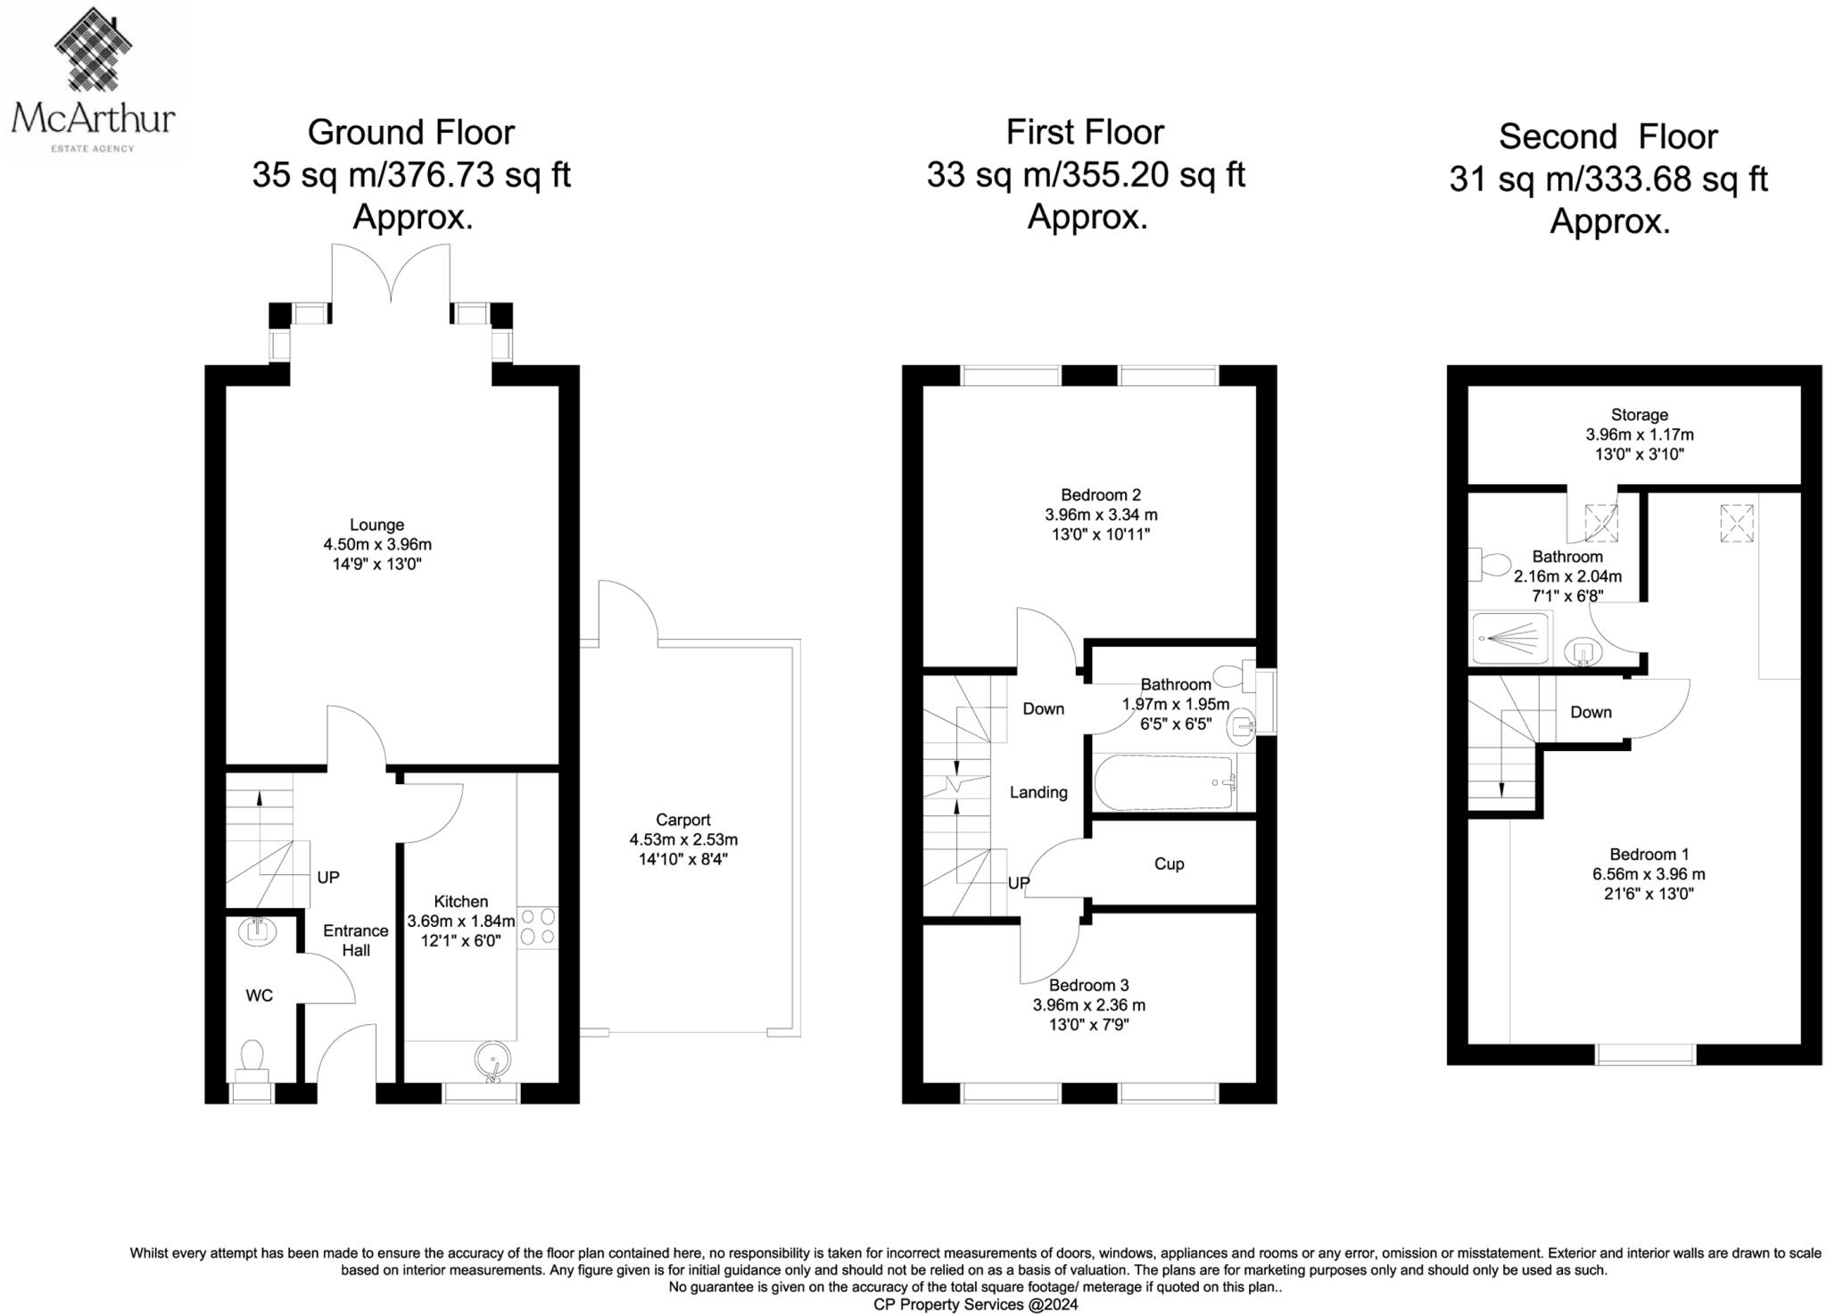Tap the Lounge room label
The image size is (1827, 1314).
[376, 525]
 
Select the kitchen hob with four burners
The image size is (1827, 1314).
[537, 927]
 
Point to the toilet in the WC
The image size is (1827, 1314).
[252, 1059]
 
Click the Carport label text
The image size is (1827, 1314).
[682, 820]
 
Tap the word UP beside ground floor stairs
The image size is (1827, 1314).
[328, 878]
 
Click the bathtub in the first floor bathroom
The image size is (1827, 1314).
[1164, 783]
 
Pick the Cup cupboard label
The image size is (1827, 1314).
[1169, 864]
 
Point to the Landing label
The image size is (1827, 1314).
[1038, 792]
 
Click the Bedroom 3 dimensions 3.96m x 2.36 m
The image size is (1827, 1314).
[1088, 1005]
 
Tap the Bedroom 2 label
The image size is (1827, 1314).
[1101, 495]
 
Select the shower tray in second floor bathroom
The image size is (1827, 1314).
[1511, 638]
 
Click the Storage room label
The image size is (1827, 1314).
[1639, 415]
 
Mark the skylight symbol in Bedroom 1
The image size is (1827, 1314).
[1735, 523]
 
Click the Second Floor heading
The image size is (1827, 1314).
[1608, 137]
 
